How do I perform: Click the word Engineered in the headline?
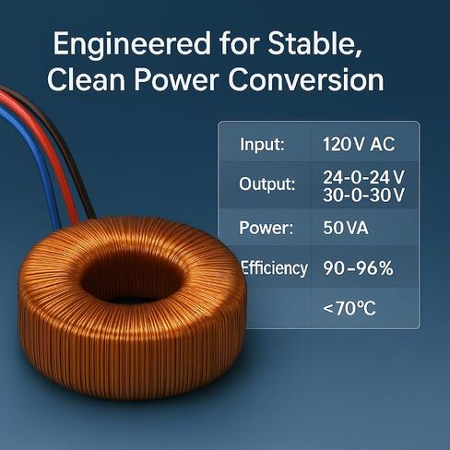coord(132,44)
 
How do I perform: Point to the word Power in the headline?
coord(176,79)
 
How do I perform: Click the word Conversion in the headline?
coord(306,79)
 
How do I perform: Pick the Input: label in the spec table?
coord(262,145)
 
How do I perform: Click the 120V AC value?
coord(359,144)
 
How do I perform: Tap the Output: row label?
coord(267,184)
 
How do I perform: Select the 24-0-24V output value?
coord(363,177)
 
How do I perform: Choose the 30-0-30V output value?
coord(363,195)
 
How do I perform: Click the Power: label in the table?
coord(266,228)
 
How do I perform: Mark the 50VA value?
coord(346,228)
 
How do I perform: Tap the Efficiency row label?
coord(274,268)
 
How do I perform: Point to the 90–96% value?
coord(358,268)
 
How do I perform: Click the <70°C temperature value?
coord(349,308)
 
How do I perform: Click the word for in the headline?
coord(239,43)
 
